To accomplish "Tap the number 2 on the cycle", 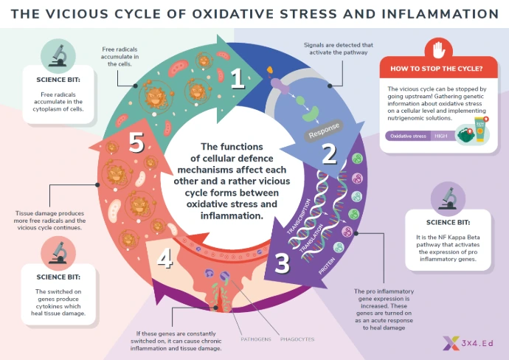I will tap(328, 153).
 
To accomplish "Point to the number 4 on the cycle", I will tap(165, 258).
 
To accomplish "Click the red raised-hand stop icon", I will tap(440, 50).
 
